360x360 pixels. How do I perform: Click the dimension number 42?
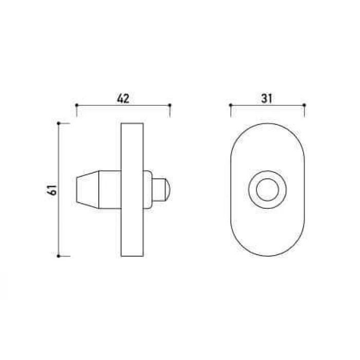tap(123, 99)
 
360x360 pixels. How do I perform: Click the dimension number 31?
tap(266, 99)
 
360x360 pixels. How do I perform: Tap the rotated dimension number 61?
tap(52, 190)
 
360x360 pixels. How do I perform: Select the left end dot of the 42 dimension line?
tap(77, 105)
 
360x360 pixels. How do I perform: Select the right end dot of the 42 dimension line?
tap(170, 105)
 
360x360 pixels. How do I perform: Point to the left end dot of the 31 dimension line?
tap(231, 105)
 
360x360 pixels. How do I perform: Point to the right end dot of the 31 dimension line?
tap(304, 105)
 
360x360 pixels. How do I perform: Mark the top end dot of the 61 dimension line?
tap(59, 123)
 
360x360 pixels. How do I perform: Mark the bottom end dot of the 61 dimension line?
tap(59, 256)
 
